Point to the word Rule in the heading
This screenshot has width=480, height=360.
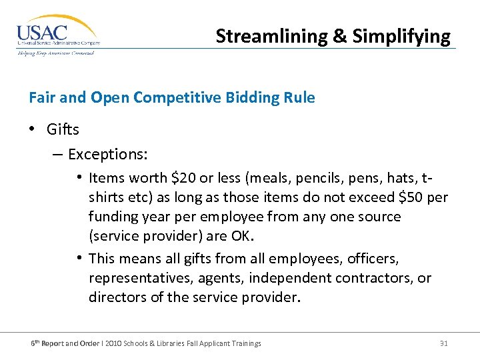click(x=301, y=98)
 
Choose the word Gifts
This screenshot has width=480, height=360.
click(x=63, y=129)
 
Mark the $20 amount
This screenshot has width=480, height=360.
click(x=183, y=178)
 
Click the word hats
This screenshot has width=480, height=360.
click(x=394, y=178)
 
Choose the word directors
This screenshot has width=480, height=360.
click(x=118, y=297)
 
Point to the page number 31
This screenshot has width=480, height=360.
click(x=444, y=343)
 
